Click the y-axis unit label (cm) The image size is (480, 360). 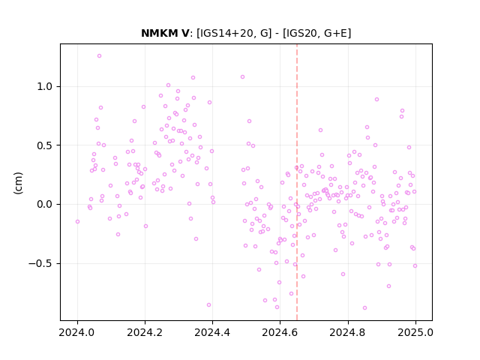[x=18, y=183]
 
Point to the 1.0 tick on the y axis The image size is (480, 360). [x=45, y=87]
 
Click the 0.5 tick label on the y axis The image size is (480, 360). [x=45, y=145]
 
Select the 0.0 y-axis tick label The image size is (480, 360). [x=45, y=204]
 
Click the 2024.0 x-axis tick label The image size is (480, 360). [x=77, y=332]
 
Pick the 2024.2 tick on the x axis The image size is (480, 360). [x=145, y=332]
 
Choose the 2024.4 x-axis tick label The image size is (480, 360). [x=212, y=332]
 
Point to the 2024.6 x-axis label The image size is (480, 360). [x=280, y=332]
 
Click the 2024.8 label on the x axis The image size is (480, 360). [x=348, y=332]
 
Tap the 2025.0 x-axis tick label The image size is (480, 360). [x=415, y=332]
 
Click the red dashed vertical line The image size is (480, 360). [x=297, y=182]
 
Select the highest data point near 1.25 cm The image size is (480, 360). [x=99, y=56]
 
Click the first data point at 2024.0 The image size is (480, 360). [x=77, y=222]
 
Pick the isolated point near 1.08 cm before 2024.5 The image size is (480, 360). [x=242, y=76]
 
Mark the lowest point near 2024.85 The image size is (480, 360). [x=364, y=308]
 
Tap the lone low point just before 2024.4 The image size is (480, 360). [x=208, y=305]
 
